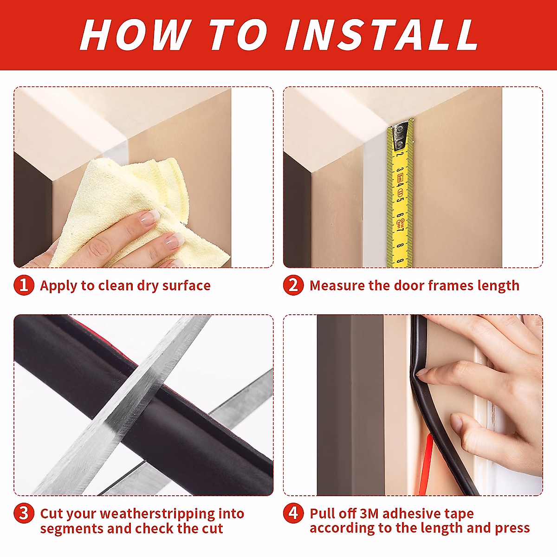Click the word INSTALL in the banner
tap(382, 35)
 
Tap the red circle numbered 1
tap(24, 285)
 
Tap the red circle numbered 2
tap(293, 285)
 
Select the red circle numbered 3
tap(24, 513)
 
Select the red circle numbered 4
tap(293, 513)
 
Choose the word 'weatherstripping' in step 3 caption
tap(157, 514)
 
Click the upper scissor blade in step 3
tap(139, 395)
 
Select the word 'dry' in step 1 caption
tap(148, 285)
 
